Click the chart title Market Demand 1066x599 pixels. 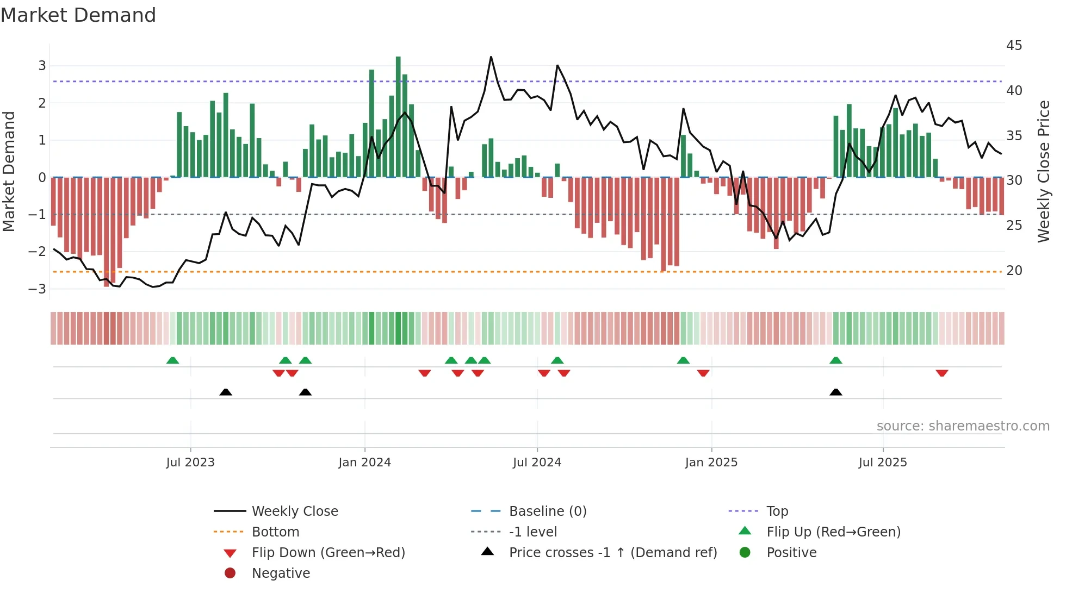click(78, 15)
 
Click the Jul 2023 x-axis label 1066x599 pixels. click(190, 463)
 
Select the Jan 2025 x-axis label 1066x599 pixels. click(711, 463)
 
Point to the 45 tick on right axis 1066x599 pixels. click(1014, 46)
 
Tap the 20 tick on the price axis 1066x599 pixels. click(1014, 271)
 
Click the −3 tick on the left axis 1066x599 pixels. click(38, 289)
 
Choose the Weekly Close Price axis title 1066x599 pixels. click(1043, 171)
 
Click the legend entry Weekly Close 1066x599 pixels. click(294, 511)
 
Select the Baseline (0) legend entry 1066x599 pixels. click(547, 511)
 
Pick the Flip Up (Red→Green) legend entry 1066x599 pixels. click(833, 532)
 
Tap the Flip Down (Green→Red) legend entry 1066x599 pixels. click(328, 553)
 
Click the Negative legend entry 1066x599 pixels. click(281, 573)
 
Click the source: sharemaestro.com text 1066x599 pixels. click(963, 426)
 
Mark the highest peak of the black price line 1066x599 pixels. click(491, 57)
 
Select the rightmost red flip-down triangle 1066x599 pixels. click(942, 373)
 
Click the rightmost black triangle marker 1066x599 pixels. click(836, 392)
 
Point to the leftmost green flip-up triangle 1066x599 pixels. click(172, 360)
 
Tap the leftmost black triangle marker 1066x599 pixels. click(226, 392)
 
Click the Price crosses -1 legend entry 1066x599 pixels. click(612, 553)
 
